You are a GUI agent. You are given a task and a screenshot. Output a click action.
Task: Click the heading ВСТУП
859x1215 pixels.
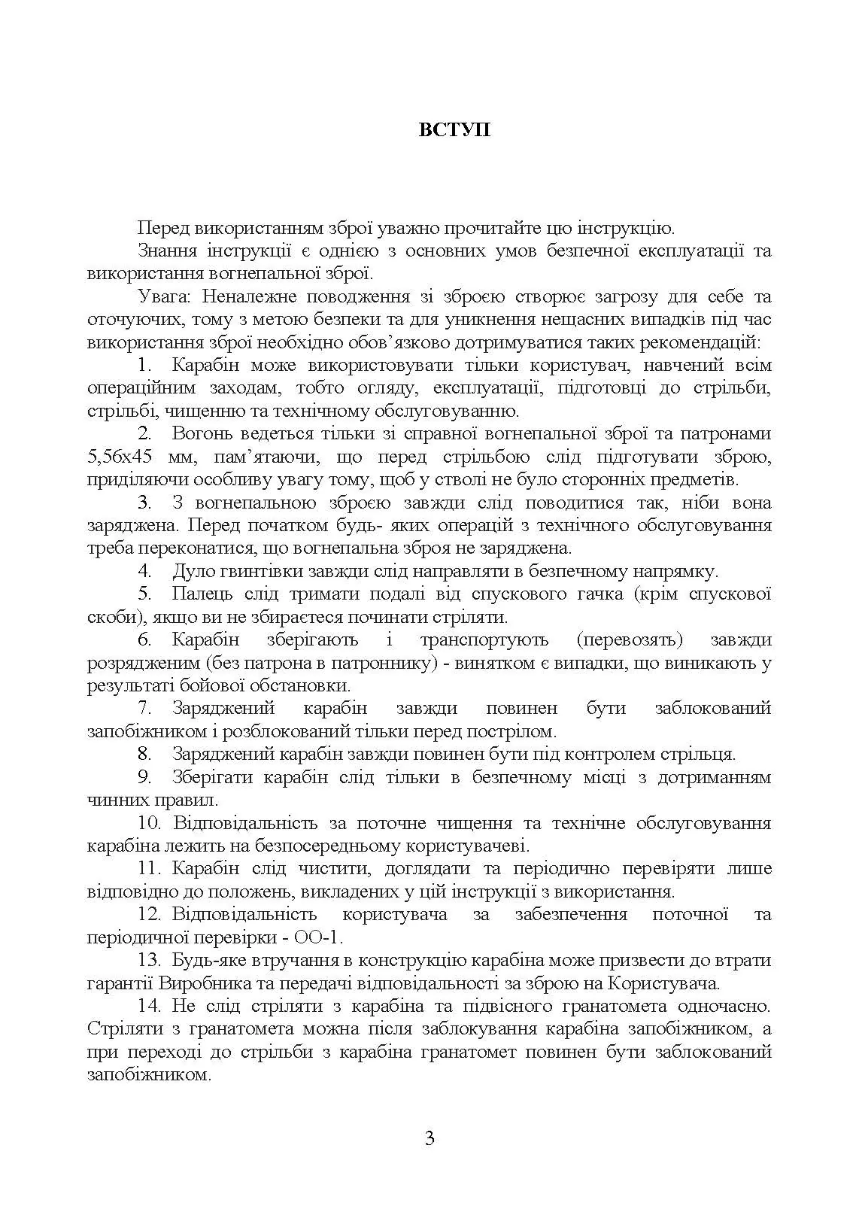click(454, 129)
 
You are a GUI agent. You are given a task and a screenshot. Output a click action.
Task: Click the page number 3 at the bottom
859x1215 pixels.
click(429, 1138)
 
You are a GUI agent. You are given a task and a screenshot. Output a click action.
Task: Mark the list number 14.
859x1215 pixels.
click(150, 1006)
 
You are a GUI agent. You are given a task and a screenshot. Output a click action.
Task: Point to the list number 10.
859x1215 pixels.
click(150, 823)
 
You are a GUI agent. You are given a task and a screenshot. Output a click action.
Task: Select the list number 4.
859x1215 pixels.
click(146, 571)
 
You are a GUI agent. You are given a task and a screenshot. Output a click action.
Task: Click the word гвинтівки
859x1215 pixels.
click(264, 571)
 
